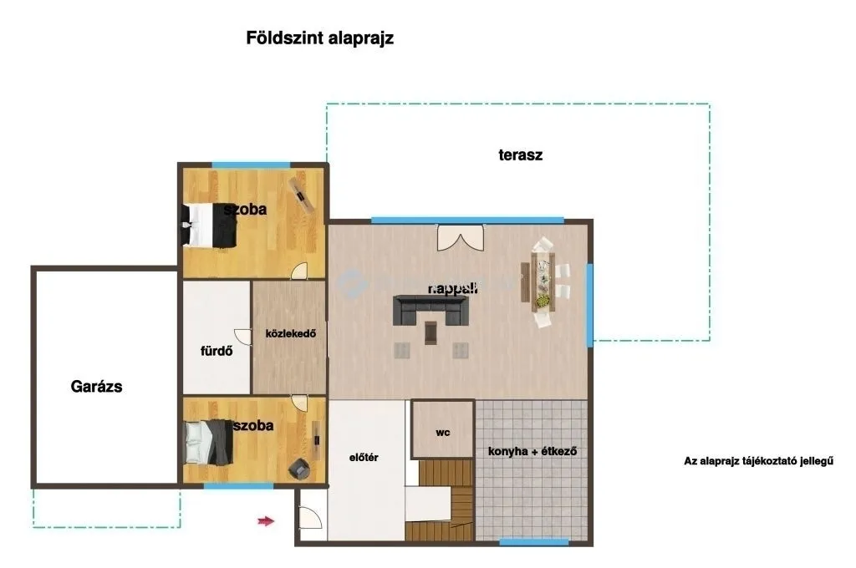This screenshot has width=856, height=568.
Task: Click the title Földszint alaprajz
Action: tap(319, 38)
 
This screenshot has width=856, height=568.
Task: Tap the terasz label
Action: tap(520, 155)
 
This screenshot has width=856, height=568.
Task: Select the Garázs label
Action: tap(96, 387)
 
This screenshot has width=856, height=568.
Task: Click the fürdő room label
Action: tap(215, 351)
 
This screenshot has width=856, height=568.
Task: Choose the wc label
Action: tap(443, 434)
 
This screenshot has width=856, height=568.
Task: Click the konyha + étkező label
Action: tap(532, 451)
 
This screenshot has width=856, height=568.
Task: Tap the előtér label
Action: tap(364, 457)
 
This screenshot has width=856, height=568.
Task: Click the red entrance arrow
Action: tap(266, 521)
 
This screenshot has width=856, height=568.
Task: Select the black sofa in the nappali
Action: tap(430, 310)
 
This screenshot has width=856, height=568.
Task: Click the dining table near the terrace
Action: tap(542, 280)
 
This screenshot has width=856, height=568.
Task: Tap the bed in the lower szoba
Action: tap(206, 442)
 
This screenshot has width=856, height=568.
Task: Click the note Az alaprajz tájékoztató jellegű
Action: tap(759, 461)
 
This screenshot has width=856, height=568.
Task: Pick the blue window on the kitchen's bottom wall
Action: tap(522, 542)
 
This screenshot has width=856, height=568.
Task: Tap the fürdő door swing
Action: tap(243, 336)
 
